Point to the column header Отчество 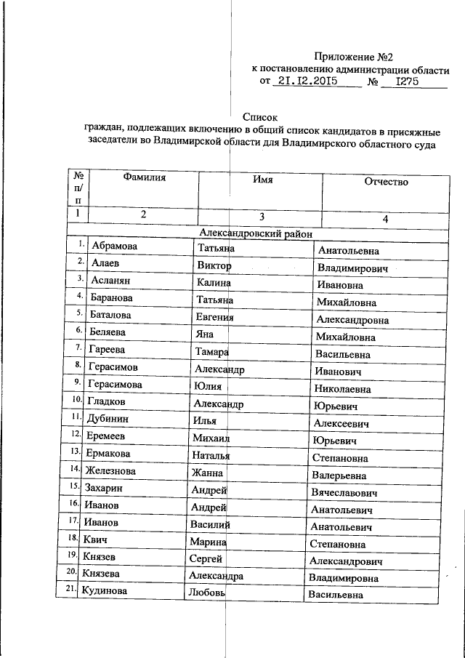click(387, 182)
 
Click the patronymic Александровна click(353, 320)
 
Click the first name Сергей click(206, 558)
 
